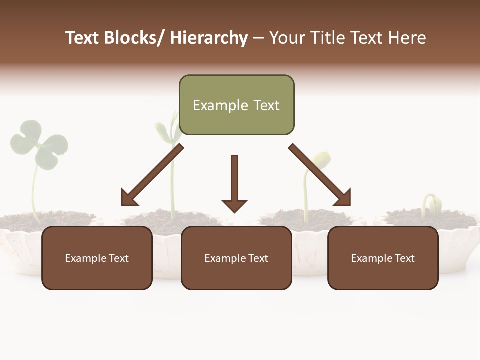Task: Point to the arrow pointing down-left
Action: (152, 175)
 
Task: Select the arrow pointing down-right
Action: (320, 175)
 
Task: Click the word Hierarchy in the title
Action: (208, 38)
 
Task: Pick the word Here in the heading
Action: (408, 38)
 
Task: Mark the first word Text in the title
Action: (83, 38)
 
